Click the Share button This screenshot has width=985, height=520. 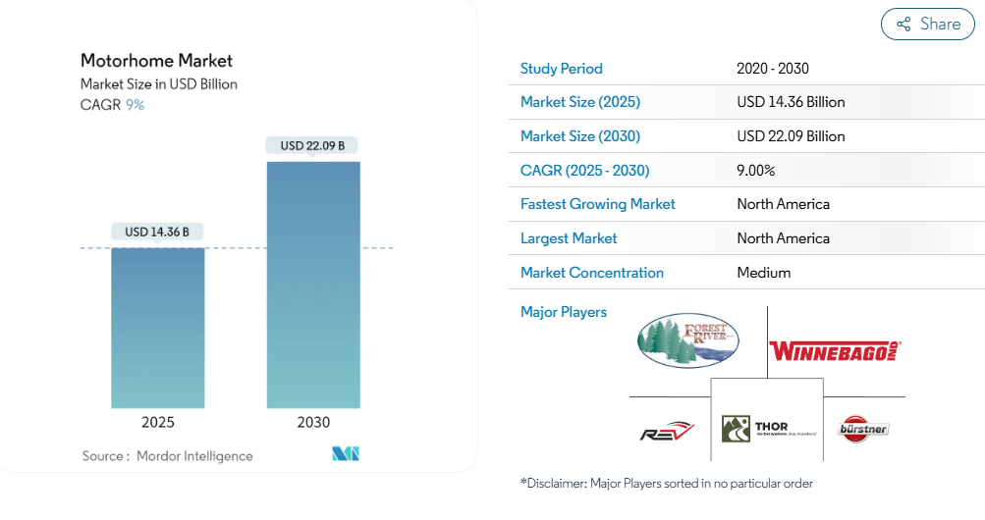pos(927,25)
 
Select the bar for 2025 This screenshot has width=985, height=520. pos(157,328)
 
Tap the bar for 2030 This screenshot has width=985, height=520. pos(313,285)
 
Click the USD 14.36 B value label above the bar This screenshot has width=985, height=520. pos(157,233)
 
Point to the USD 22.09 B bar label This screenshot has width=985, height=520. pos(312,146)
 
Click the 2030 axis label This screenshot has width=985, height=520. pos(313,423)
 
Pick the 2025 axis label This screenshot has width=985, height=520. pos(157,423)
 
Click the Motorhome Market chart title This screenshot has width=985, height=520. pos(156,61)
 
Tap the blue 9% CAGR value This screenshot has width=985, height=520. pos(135,105)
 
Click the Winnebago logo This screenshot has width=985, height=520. pos(835,350)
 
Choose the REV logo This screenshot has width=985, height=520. pos(668,432)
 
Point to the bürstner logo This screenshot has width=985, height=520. pos(863,428)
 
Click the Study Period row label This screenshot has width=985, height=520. pos(561,69)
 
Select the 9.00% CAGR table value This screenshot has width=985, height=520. pos(755,171)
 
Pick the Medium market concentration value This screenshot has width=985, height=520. pos(763,273)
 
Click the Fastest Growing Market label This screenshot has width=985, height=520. pos(597,204)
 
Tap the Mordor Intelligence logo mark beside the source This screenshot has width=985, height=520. pos(346,454)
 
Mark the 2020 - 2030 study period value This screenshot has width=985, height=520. pos(772,69)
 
